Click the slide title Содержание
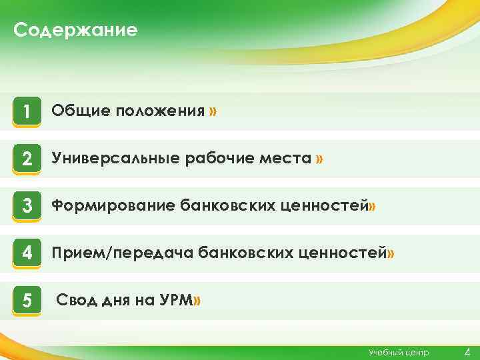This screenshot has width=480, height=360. (x=75, y=30)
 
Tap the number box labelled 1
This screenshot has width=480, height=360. (x=27, y=111)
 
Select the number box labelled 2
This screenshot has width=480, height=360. (x=27, y=159)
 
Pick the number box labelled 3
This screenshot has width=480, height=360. (x=27, y=207)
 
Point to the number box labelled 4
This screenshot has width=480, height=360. (x=27, y=254)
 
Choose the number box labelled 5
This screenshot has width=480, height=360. (x=27, y=301)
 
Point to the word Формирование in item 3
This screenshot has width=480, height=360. (x=113, y=206)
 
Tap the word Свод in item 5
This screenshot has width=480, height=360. (x=75, y=301)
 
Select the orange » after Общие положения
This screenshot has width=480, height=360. (x=212, y=111)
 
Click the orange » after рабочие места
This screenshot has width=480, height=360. (x=320, y=159)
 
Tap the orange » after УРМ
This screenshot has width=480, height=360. (x=196, y=301)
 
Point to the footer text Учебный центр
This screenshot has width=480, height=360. (x=399, y=352)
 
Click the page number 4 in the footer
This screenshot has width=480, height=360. (x=467, y=351)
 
